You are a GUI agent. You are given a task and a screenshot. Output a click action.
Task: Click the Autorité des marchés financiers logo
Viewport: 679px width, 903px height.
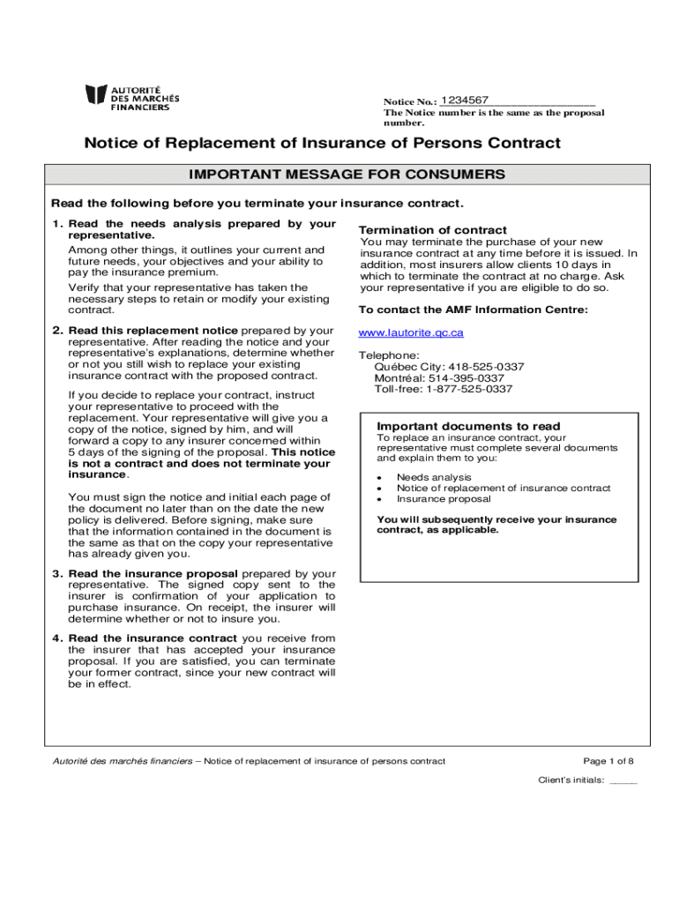132,97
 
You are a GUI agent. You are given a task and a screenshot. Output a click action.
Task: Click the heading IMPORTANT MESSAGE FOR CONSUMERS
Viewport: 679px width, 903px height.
347,175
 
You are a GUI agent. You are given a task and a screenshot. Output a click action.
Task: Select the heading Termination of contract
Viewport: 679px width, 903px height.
433,230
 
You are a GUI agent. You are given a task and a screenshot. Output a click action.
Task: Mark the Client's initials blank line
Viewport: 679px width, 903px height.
623,781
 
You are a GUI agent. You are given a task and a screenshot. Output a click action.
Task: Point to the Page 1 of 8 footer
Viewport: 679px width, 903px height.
608,761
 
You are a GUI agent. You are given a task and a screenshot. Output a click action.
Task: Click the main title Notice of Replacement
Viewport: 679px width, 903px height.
322,143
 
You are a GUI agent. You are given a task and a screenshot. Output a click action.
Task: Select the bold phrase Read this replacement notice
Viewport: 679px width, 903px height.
153,331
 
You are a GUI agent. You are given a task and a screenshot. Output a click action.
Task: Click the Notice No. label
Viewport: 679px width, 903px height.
410,102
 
